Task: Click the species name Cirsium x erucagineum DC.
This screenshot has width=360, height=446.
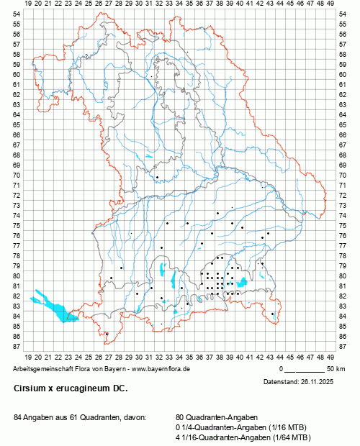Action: click(x=70, y=388)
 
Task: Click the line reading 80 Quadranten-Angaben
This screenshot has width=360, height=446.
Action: click(x=215, y=417)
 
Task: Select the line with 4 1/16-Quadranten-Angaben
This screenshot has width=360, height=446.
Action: click(x=243, y=437)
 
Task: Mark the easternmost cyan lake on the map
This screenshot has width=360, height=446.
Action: click(x=242, y=282)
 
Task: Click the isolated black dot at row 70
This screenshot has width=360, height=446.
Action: click(x=157, y=176)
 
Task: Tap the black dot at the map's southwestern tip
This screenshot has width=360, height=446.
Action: click(x=107, y=334)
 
